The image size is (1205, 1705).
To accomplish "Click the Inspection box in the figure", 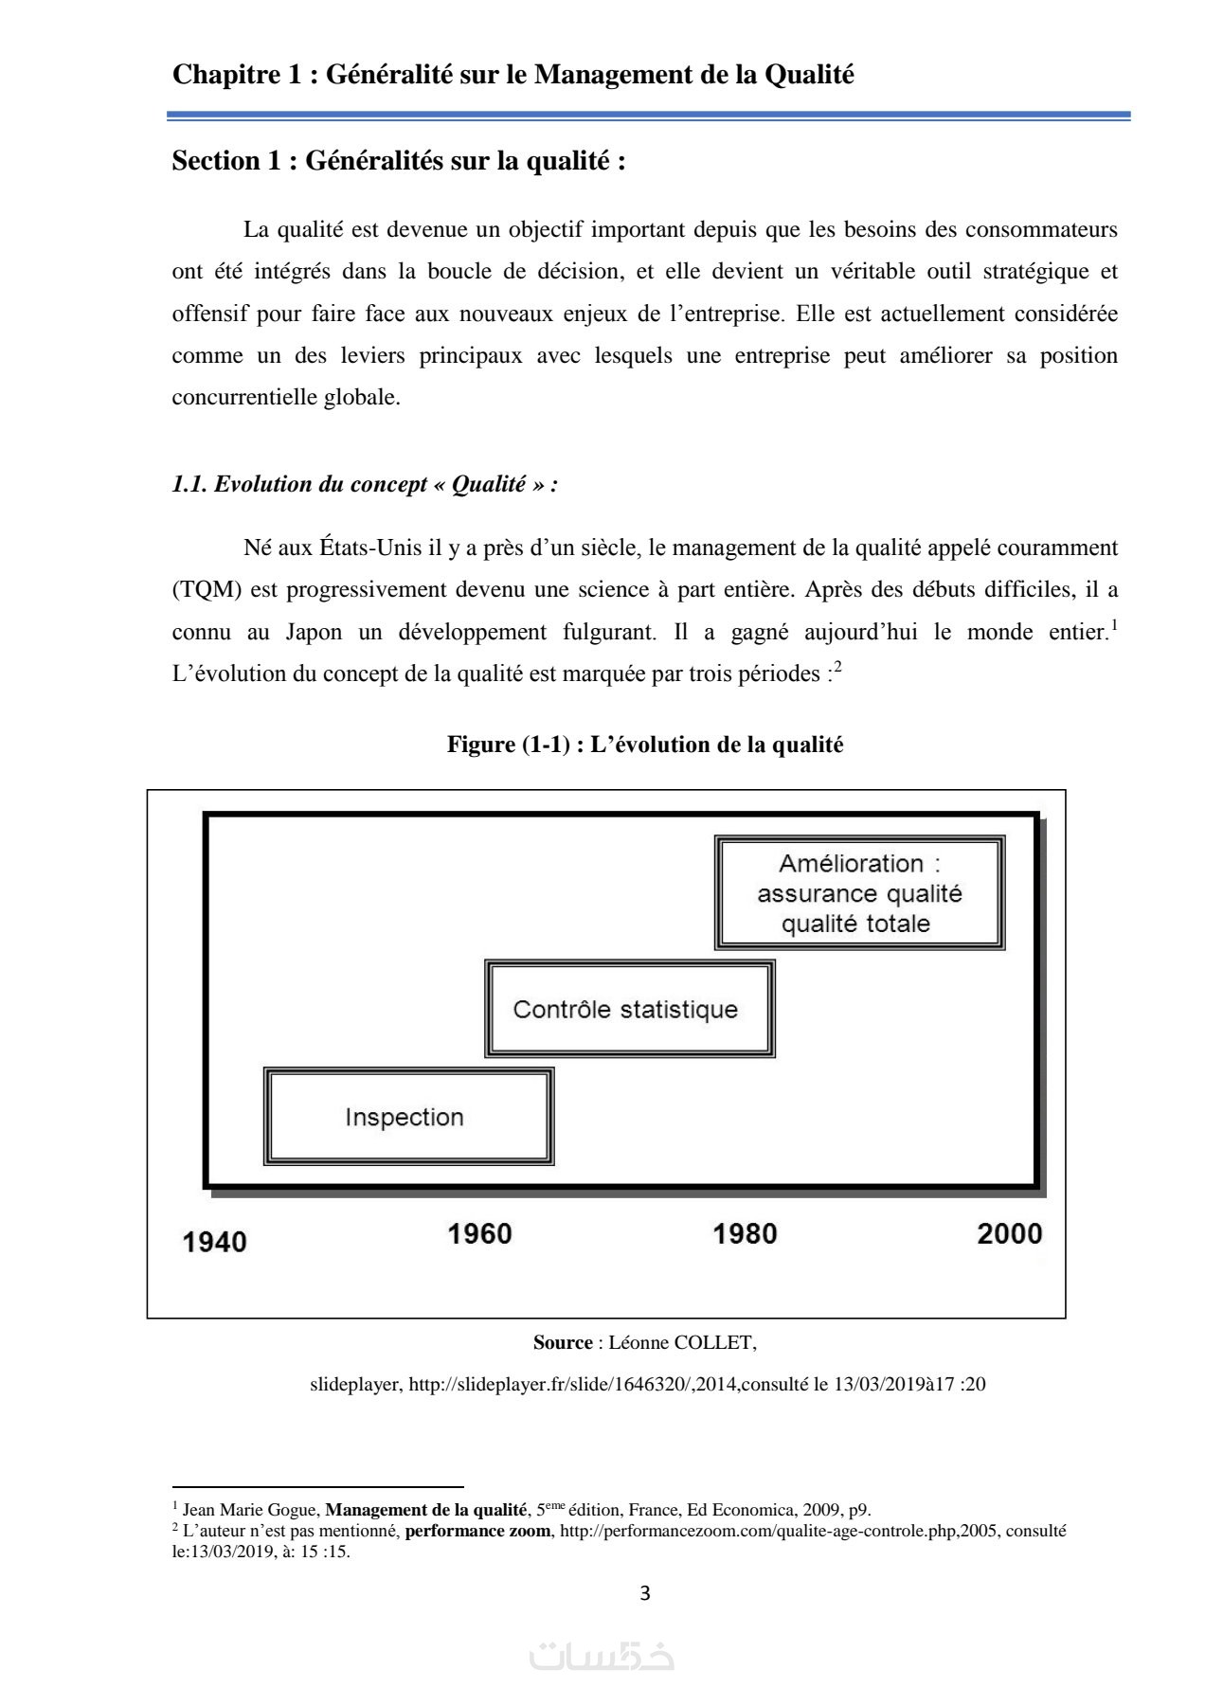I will point(407,1117).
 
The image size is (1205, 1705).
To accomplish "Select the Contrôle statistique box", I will point(629,1009).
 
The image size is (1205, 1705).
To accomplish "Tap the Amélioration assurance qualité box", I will point(859,892).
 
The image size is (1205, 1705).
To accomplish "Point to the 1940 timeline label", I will point(214,1242).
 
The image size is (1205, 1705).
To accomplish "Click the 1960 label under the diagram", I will point(479,1233).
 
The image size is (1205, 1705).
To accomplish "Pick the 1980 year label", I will point(745,1233).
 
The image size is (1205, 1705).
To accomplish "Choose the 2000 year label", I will point(1009,1233).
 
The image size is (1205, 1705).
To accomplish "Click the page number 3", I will point(645,1593).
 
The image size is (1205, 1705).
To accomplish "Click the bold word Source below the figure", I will point(563,1342).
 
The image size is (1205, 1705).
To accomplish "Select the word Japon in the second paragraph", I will point(314,632).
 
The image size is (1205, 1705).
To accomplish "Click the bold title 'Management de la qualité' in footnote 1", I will point(425,1510).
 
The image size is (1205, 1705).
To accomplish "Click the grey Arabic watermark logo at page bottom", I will point(602,1656).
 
